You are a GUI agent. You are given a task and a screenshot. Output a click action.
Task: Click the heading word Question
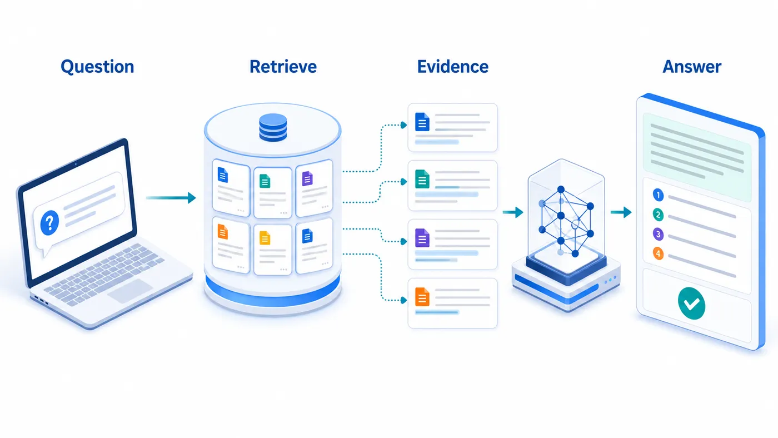coord(97,67)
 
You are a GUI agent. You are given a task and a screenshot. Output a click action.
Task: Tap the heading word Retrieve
coord(283,67)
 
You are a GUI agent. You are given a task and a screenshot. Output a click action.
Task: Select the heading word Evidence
coord(452,67)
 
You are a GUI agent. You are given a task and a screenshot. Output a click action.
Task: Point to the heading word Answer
coord(691,67)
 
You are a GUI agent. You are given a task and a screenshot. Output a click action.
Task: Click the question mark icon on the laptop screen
coord(49,223)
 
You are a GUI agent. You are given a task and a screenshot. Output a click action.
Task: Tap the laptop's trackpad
coord(130,290)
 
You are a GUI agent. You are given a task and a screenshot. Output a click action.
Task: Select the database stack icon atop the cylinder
coord(273,127)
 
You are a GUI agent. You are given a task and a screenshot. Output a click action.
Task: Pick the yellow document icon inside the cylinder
coord(265,238)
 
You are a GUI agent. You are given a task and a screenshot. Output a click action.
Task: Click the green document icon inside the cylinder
coord(265,181)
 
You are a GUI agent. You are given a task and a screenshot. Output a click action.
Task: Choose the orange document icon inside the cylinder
coord(223,232)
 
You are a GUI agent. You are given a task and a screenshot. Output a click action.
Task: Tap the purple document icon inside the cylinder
coord(307,178)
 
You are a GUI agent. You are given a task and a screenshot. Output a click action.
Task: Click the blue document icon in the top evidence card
coord(422,122)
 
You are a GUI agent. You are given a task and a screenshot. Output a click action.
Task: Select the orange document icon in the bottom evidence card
coord(422,297)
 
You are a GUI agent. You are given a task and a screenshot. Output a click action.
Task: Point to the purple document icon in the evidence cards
coord(422,238)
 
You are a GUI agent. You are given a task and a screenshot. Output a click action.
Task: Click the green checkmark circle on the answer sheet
coord(691,303)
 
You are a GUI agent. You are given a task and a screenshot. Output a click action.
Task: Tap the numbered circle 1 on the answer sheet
coord(658,195)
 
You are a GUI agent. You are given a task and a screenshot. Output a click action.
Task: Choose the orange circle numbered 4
coord(658,253)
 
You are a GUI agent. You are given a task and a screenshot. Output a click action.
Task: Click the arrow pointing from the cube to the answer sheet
coord(621,212)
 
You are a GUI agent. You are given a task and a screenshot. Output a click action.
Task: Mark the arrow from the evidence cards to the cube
coord(513,212)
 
